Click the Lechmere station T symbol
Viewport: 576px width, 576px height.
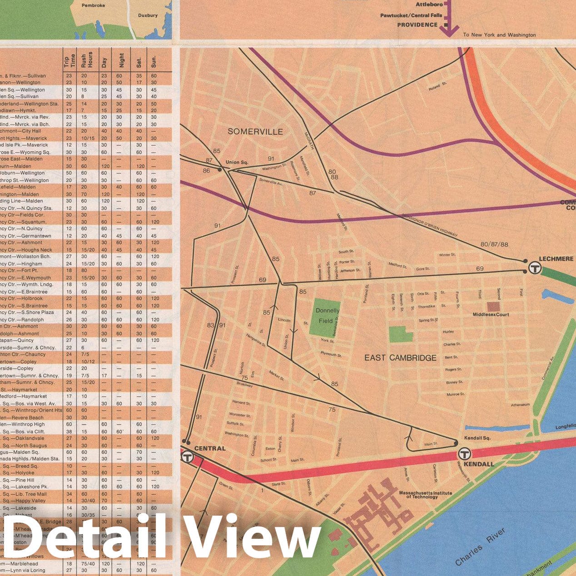click(x=535, y=268)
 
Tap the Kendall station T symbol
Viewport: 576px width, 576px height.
click(x=464, y=453)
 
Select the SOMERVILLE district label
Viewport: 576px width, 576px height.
click(x=255, y=132)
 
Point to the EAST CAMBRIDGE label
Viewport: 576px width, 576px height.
click(x=400, y=358)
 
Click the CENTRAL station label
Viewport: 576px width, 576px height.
click(x=210, y=448)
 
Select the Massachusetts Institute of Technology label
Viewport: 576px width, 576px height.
click(x=425, y=495)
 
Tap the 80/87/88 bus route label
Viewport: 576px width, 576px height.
click(x=494, y=244)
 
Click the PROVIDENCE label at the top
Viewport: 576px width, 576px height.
click(x=417, y=25)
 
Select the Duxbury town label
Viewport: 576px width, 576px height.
click(x=148, y=15)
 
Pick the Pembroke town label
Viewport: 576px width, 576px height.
click(x=93, y=5)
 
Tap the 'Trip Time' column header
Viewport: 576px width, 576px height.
click(x=69, y=61)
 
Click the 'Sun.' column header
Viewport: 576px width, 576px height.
click(x=154, y=61)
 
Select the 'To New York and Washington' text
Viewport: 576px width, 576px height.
click(x=499, y=35)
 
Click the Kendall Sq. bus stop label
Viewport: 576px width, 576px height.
click(x=477, y=438)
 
